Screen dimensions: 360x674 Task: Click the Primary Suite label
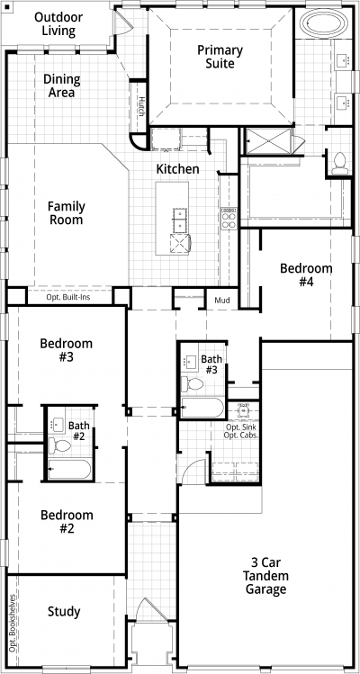click(x=220, y=57)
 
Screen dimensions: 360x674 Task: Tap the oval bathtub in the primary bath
click(x=324, y=22)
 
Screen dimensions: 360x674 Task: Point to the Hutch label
click(x=141, y=106)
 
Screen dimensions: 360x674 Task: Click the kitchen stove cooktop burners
click(x=229, y=219)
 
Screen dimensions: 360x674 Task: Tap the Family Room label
click(x=67, y=213)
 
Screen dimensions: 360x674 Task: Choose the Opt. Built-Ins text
click(x=68, y=297)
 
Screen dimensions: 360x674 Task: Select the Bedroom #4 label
click(x=306, y=275)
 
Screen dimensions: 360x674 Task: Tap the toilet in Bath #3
click(x=193, y=383)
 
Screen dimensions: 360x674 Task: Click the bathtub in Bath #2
click(x=69, y=469)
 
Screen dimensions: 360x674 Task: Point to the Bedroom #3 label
click(x=67, y=350)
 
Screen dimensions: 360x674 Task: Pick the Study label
click(x=64, y=611)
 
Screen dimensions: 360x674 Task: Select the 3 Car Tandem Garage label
click(x=265, y=576)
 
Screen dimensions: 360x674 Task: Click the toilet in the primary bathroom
click(x=340, y=164)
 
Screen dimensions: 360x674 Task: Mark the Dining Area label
click(x=61, y=85)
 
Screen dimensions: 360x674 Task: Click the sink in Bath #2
click(x=57, y=425)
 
